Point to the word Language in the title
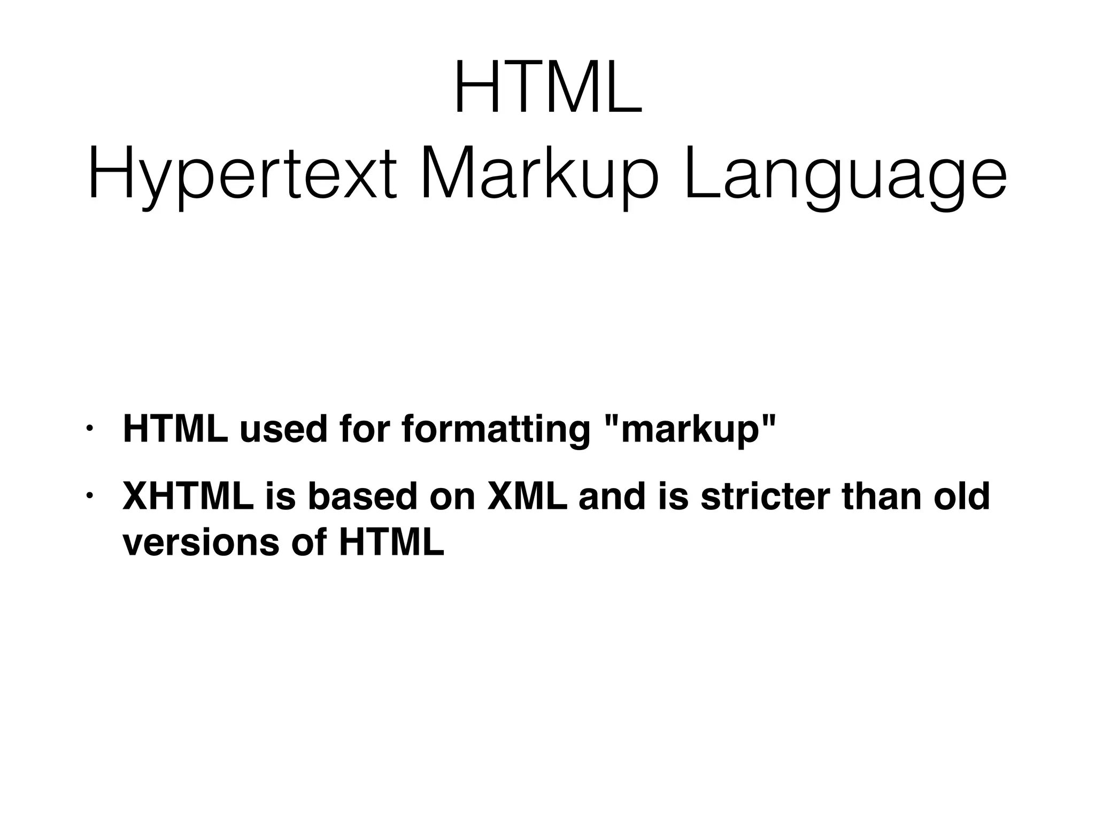tap(845, 176)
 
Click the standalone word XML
tap(527, 497)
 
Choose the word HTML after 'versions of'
tap(391, 543)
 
